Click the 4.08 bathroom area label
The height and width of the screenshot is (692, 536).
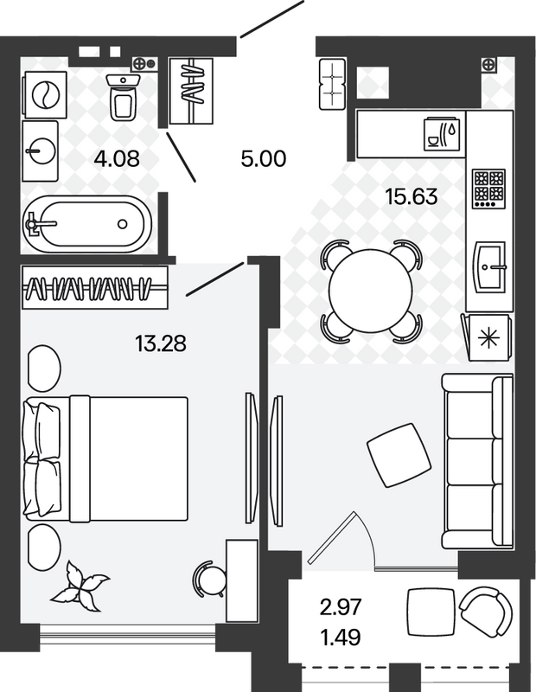click(x=117, y=158)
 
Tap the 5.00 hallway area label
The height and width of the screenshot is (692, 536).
click(x=264, y=158)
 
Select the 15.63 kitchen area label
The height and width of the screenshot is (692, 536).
click(x=412, y=196)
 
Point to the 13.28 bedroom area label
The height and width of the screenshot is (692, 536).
click(x=161, y=343)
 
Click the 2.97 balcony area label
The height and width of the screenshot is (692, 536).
click(x=341, y=607)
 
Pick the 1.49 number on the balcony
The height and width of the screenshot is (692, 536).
click(x=341, y=637)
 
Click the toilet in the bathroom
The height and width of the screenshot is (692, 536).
click(x=123, y=97)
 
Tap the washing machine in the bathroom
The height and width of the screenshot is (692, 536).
click(x=46, y=95)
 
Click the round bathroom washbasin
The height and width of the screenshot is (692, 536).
click(x=41, y=151)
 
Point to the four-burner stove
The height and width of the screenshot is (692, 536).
click(x=488, y=189)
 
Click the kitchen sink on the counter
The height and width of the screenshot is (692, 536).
click(x=489, y=266)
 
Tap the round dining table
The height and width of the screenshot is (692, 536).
click(x=371, y=291)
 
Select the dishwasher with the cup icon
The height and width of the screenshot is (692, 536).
click(x=444, y=134)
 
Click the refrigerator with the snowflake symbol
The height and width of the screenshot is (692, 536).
click(x=488, y=337)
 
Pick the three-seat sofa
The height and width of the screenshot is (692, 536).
click(x=478, y=462)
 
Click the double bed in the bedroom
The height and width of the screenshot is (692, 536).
click(x=105, y=458)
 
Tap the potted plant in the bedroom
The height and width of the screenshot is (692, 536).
click(x=80, y=587)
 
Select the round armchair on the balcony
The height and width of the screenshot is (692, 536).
click(x=486, y=612)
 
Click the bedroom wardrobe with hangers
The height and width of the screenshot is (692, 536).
click(x=95, y=288)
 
